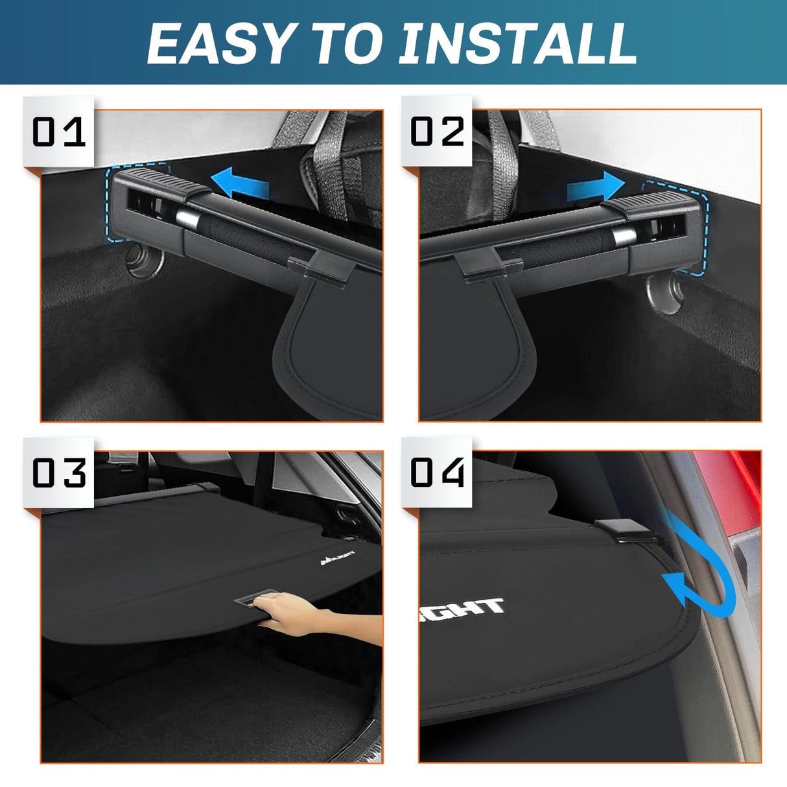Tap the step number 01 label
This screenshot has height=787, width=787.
pos(59,132)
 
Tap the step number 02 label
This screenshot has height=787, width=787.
pos(438,132)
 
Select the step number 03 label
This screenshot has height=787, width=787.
pos(59,473)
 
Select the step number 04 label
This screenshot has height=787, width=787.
pos(438,473)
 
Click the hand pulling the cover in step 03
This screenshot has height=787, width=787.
pos(292,613)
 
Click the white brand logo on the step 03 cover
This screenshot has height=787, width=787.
pos(338,558)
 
